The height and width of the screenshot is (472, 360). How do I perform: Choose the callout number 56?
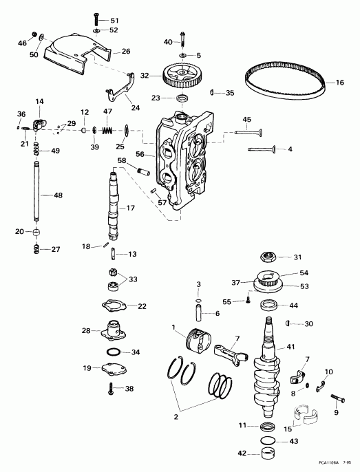pos(140,155)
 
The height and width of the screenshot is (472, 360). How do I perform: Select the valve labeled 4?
pos(261,149)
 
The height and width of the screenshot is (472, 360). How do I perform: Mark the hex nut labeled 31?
pos(269,258)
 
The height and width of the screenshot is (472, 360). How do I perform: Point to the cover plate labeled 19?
pos(112,369)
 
